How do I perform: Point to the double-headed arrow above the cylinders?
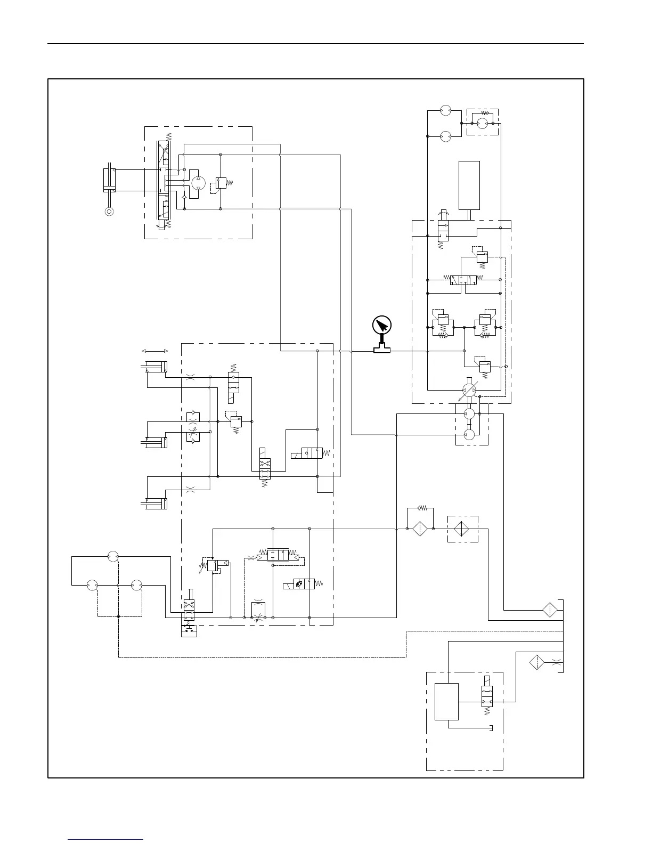pos(155,351)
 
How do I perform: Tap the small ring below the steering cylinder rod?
pos(109,212)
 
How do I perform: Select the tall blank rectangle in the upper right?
pos(469,185)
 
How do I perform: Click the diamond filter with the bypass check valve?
pos(420,529)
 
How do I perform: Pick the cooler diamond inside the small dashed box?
pos(462,529)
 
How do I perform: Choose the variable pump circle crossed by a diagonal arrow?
pos(469,390)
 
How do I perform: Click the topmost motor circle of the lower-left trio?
pos(112,556)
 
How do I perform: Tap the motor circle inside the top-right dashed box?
pos(482,123)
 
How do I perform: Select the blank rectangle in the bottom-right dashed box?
pos(446,701)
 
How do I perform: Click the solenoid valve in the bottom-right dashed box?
pos(487,696)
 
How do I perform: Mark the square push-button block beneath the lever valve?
pos(189,631)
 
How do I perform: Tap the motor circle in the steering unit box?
pos(198,182)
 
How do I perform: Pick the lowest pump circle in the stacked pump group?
pos(469,435)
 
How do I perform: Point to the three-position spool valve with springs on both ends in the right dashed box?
pos(463,279)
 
